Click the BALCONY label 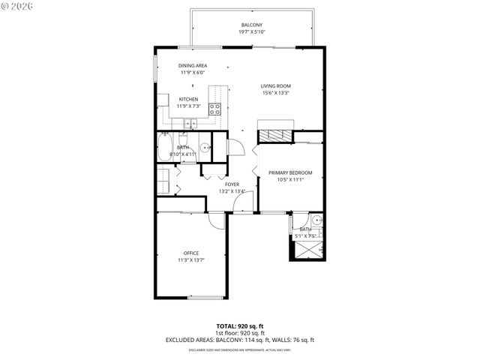(x=251, y=25)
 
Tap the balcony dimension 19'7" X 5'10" (x=251, y=32)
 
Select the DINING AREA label (x=193, y=66)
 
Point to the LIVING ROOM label (x=275, y=85)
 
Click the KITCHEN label (x=188, y=99)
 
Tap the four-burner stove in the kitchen (x=214, y=107)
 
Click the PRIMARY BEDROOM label (x=289, y=173)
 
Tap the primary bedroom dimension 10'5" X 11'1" (x=289, y=181)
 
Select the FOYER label (x=232, y=184)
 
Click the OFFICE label (x=191, y=253)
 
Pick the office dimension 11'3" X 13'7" (x=191, y=260)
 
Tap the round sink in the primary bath (x=316, y=220)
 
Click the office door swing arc (x=217, y=221)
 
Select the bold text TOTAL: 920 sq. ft (x=240, y=326)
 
